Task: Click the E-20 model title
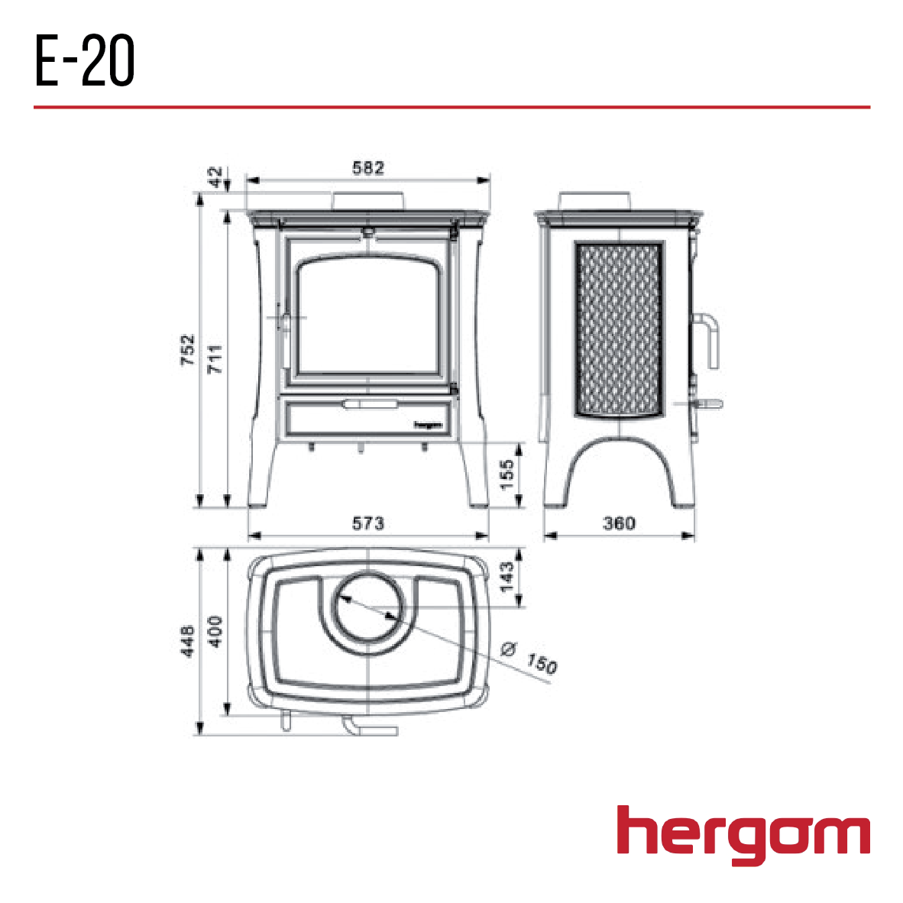85,61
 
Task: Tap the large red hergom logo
743,834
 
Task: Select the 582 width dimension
368,168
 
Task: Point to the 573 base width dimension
368,523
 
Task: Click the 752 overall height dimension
188,349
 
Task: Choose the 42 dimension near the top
218,177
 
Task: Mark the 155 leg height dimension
507,474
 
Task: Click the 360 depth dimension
619,523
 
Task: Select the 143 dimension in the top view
507,577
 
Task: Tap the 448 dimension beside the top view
188,640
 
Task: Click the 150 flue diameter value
542,664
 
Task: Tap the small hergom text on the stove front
429,425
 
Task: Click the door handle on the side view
707,341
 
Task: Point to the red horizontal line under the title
451,107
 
